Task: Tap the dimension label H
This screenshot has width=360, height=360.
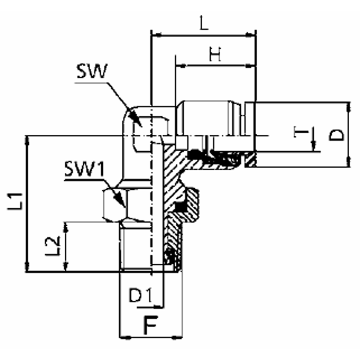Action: [x=215, y=53]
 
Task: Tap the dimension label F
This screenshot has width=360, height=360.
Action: [x=150, y=325]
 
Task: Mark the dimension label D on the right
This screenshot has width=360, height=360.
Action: [x=336, y=134]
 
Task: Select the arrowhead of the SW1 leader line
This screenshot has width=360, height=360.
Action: [x=124, y=205]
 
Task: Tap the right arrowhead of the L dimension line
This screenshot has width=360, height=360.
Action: [x=253, y=35]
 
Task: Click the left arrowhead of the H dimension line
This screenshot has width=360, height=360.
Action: [x=179, y=65]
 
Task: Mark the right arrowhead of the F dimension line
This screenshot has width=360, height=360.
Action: [x=179, y=337]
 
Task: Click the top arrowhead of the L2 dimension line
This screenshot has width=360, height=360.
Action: [x=65, y=225]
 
